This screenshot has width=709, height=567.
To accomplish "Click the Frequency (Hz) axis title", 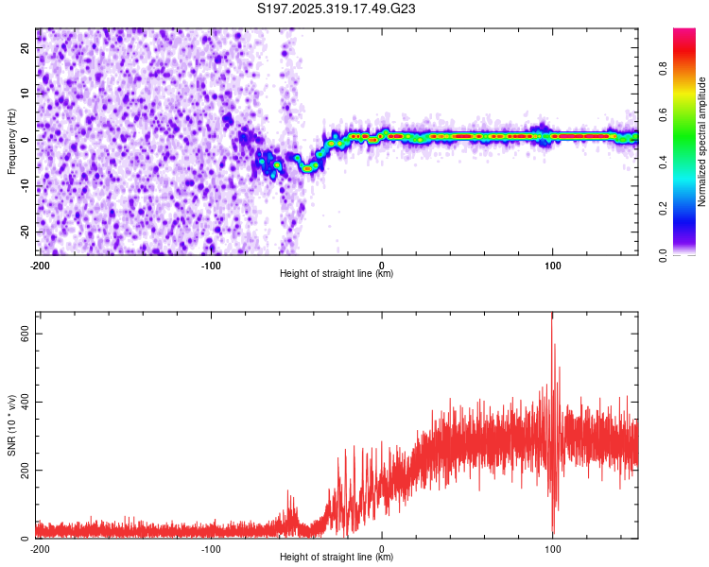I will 11,141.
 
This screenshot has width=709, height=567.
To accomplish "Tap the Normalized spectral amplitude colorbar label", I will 702,142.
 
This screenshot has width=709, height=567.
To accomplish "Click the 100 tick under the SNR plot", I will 553,549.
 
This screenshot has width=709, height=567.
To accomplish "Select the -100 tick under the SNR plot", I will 211,549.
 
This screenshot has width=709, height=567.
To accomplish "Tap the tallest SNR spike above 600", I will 552,319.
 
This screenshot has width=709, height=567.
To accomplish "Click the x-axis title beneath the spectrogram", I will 337,274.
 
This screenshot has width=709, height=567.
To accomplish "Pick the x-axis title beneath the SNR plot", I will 337,558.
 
